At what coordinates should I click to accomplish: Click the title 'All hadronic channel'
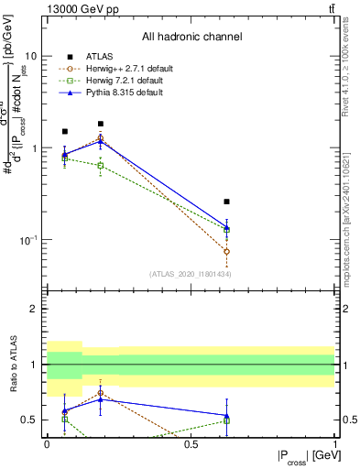(x=191, y=38)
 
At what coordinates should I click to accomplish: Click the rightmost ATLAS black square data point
(x=226, y=202)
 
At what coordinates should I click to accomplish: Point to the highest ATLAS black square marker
(x=101, y=124)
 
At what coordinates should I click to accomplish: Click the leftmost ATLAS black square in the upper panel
(x=64, y=131)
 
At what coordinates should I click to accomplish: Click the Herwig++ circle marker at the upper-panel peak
(x=101, y=138)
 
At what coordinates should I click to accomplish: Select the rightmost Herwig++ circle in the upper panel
(x=226, y=251)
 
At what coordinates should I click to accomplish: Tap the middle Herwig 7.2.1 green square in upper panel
(x=101, y=166)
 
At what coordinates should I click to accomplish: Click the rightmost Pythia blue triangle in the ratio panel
(x=226, y=415)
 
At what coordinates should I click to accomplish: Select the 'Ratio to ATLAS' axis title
(x=12, y=365)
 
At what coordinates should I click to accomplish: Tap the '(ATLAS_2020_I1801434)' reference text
(x=191, y=274)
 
